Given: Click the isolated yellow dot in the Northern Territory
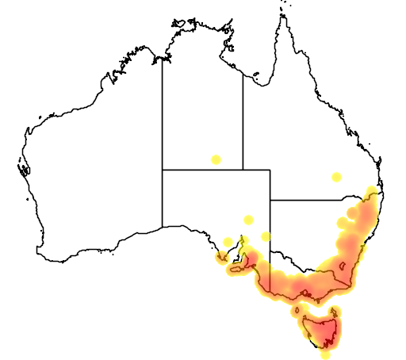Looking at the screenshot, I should tap(216, 159).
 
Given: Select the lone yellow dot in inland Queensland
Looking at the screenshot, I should tap(337, 177).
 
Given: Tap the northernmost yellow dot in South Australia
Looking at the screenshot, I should tap(249, 220).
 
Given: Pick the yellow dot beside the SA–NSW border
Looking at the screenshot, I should tap(266, 236).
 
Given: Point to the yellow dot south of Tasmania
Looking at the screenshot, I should tap(325, 354).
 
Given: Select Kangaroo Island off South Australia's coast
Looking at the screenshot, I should tap(236, 270).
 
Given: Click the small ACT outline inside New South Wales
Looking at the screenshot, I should tap(343, 266).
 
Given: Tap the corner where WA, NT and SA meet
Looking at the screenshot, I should tap(163, 169).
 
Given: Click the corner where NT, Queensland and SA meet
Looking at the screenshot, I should tap(243, 169).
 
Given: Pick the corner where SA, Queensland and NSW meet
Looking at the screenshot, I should tap(270, 200).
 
